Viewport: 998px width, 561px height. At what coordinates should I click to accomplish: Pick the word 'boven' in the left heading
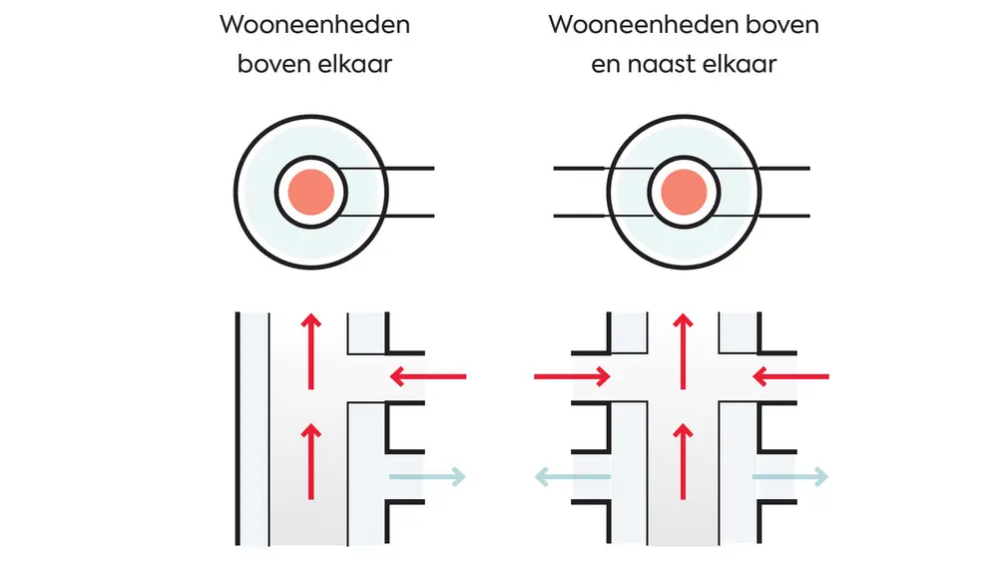271,65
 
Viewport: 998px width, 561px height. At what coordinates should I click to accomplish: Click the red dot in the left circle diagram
311,191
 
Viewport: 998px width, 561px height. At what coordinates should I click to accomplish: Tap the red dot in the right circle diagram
684,191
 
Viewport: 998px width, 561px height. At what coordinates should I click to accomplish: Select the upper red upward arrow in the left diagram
311,350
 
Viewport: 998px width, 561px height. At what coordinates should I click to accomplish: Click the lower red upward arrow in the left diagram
311,460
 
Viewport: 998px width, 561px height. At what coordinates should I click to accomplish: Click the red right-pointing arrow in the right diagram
573,376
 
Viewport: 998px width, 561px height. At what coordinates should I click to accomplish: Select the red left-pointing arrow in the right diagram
790,376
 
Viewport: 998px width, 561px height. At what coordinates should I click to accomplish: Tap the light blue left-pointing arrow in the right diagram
573,477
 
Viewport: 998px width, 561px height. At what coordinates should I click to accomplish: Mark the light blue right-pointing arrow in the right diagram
790,477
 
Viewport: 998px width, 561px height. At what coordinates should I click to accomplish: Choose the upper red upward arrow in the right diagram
684,350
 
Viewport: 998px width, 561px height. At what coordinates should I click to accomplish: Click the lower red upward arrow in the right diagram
684,460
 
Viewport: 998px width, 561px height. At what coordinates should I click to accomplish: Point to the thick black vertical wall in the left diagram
239,429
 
